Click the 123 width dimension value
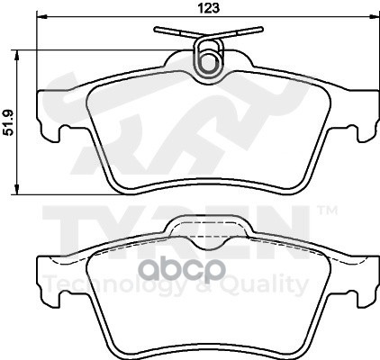point(209,8)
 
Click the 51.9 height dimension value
point(10,123)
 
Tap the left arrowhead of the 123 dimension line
point(42,17)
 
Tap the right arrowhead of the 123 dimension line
point(373,17)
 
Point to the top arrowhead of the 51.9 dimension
point(17,56)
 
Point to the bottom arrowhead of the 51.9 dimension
point(17,188)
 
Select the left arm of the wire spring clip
point(176,32)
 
